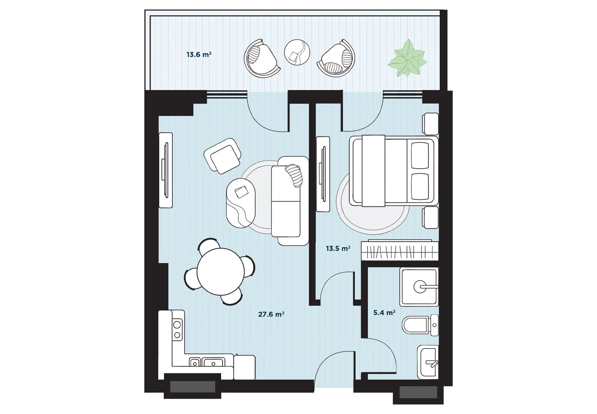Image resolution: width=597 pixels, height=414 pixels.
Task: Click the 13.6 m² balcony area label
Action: [199, 55]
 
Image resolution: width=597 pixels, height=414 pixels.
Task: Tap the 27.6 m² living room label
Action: [271, 314]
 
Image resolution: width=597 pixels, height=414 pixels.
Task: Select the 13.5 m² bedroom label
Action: [338, 249]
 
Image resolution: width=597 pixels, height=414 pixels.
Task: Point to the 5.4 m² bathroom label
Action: [384, 313]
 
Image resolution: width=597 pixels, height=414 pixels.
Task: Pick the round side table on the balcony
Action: [297, 52]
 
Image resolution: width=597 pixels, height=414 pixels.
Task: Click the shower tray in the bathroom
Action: [419, 287]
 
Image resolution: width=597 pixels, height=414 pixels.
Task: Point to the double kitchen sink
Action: [207, 362]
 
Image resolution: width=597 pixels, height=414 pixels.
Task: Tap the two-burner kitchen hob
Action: [177, 329]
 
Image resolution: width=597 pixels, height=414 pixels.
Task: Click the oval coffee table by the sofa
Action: [241, 203]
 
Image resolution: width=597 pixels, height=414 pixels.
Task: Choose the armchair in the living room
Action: [222, 156]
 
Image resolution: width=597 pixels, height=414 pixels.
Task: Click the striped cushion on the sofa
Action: [294, 175]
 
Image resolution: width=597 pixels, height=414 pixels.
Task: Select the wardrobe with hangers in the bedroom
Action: [399, 251]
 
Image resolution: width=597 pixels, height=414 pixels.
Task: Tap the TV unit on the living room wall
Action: [166, 170]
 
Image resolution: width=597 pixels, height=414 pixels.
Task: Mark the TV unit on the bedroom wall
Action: [323, 174]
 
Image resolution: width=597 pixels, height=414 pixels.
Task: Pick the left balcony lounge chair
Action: [261, 59]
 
